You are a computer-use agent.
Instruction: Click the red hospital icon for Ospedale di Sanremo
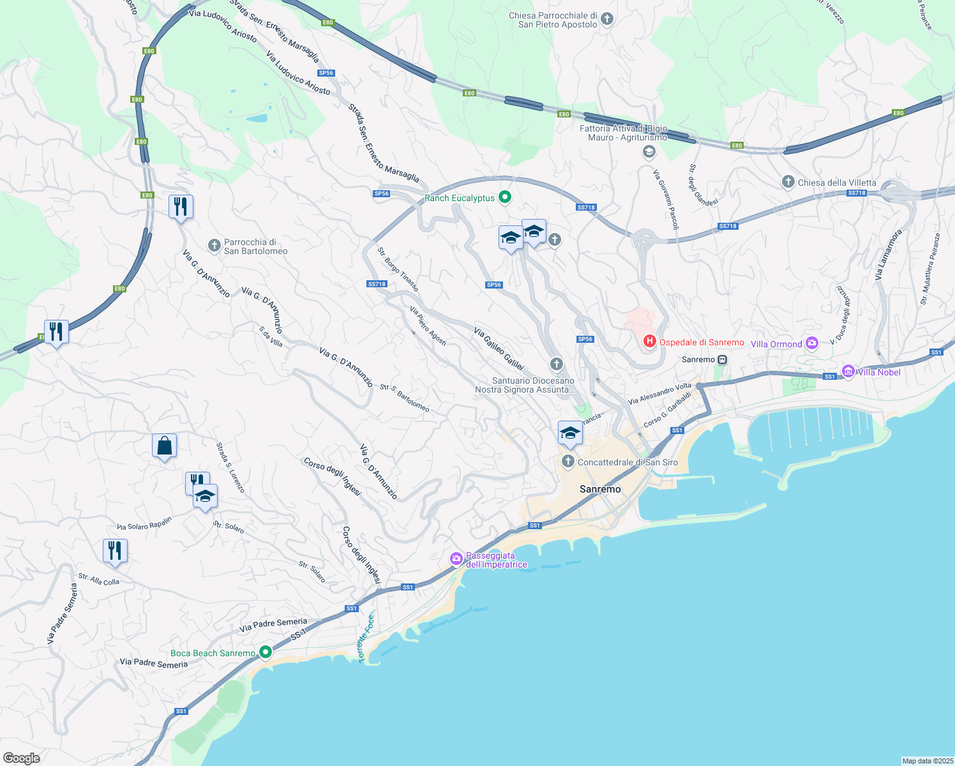pos(649,342)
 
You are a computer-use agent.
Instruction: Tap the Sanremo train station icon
pos(722,359)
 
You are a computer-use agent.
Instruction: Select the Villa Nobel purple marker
pos(848,371)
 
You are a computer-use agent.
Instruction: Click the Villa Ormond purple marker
pos(812,343)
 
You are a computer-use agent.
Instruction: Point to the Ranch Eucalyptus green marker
pos(505,198)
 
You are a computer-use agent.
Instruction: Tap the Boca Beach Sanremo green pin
pos(266,652)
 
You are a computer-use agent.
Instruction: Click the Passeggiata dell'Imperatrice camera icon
pos(456,559)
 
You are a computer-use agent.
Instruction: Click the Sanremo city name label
pos(599,489)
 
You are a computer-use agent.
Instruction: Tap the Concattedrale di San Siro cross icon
pos(568,461)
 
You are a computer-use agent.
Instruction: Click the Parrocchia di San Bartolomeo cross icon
pos(214,245)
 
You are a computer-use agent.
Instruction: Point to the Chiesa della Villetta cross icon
pos(788,182)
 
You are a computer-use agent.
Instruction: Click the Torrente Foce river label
pos(366,638)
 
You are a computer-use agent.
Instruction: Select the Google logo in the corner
pos(22,758)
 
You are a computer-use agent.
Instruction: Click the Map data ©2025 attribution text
pos(926,761)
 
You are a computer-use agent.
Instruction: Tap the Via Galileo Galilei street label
pos(499,349)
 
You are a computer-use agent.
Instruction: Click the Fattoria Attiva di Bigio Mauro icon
pos(649,151)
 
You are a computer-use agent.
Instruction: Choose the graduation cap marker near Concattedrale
pos(569,433)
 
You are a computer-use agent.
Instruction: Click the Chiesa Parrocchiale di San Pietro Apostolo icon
pos(607,19)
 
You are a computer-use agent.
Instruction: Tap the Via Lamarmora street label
pos(888,255)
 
